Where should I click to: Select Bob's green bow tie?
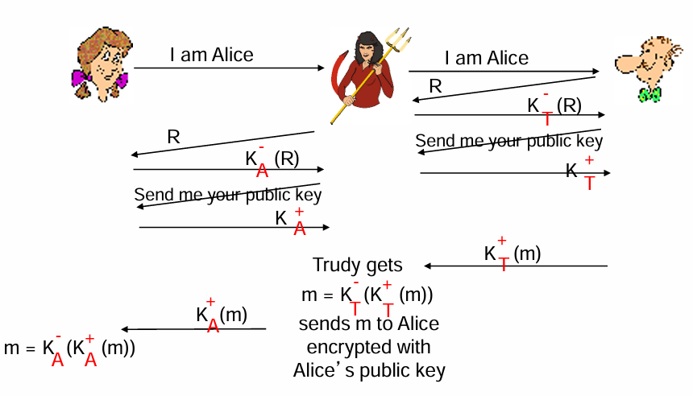pyautogui.click(x=649, y=95)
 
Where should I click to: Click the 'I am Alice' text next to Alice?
pyautogui.click(x=212, y=56)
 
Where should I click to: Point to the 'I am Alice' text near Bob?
pyautogui.click(x=487, y=58)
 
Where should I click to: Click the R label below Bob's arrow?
pyautogui.click(x=435, y=86)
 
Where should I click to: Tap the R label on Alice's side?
pyautogui.click(x=173, y=137)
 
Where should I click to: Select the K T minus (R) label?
pyautogui.click(x=554, y=107)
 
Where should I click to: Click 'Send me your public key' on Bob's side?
pyautogui.click(x=508, y=141)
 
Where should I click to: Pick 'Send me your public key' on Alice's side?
pyautogui.click(x=228, y=195)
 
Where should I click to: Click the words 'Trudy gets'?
pyautogui.click(x=357, y=265)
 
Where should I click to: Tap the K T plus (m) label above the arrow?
pyautogui.click(x=512, y=254)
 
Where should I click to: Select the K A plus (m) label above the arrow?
pyautogui.click(x=222, y=315)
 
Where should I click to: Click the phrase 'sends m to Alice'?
pyautogui.click(x=368, y=324)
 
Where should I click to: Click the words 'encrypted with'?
pyautogui.click(x=368, y=348)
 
